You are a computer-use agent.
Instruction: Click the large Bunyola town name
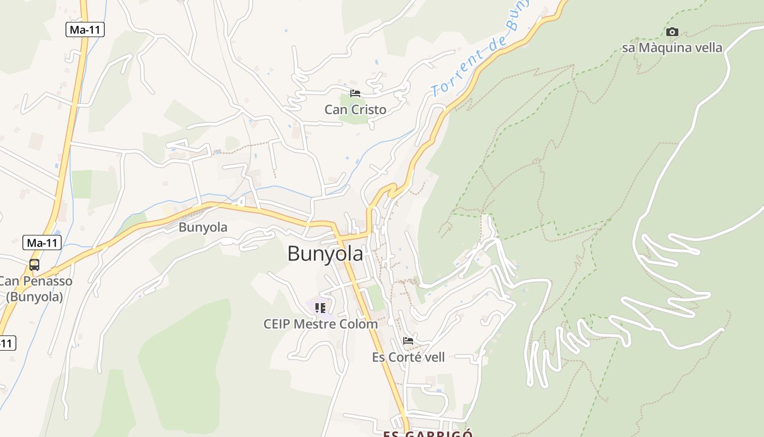click(325, 254)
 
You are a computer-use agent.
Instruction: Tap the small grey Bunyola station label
click(203, 227)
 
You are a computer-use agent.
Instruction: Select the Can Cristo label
click(355, 110)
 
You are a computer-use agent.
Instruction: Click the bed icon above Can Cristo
click(355, 93)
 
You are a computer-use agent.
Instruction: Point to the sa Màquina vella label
click(672, 48)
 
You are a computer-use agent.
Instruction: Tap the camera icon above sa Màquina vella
click(672, 32)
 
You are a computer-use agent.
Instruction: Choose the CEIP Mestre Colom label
click(320, 324)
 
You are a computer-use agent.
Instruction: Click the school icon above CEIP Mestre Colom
click(320, 308)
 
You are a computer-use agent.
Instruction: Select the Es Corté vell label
click(408, 357)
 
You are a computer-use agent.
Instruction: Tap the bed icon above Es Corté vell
click(408, 341)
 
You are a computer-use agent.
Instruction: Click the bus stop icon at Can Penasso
click(34, 265)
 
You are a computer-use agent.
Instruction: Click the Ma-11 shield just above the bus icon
click(42, 243)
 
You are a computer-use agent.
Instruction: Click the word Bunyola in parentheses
click(35, 297)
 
